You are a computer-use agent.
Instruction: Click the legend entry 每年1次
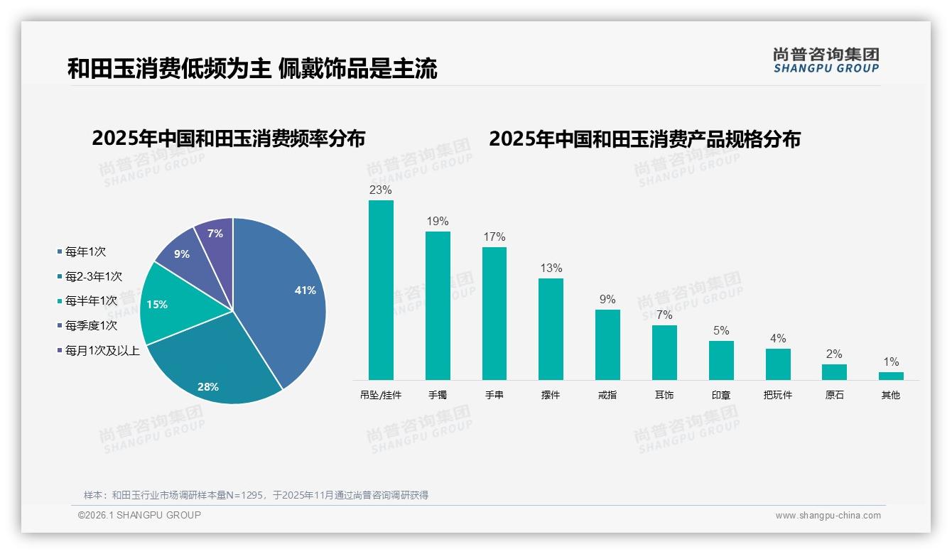coord(85,252)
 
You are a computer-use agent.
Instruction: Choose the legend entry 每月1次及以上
coord(102,351)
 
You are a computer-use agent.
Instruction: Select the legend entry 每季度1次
coord(90,326)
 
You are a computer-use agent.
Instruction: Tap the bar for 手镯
coord(438,305)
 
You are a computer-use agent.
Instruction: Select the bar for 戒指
coord(607,344)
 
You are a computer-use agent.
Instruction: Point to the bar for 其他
coord(891,376)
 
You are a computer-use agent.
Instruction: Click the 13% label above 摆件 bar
coord(551,268)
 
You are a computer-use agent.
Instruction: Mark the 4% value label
coord(778,339)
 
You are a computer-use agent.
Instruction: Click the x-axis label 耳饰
coord(664,395)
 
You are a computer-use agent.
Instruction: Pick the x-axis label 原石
coord(834,395)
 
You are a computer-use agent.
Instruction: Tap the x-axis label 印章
coord(721,395)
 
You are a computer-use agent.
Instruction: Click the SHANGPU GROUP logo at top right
coord(826,60)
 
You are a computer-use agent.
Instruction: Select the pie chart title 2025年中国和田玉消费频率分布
coord(228,138)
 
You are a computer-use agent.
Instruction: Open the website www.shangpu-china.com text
coord(828,516)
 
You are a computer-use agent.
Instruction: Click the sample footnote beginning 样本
coord(256,495)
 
